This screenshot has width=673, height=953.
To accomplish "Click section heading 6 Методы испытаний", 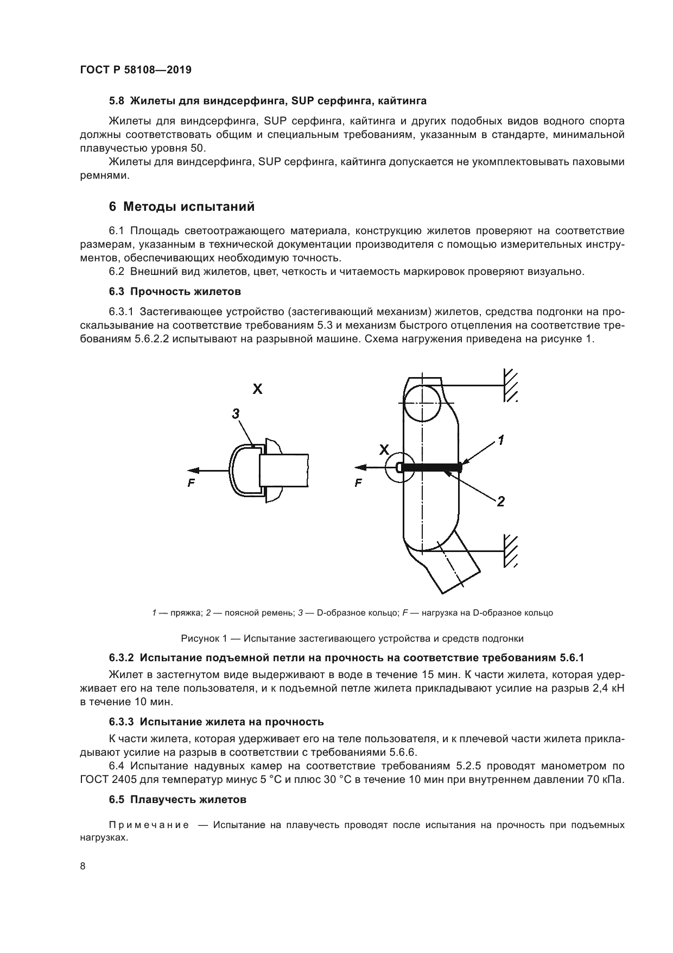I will [181, 207].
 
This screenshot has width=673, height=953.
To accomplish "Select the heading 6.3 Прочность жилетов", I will [175, 292].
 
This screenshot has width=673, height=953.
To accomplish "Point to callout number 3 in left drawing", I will [236, 414].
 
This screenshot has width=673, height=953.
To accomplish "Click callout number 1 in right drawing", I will [500, 440].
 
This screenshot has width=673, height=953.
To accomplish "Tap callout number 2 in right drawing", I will [500, 501].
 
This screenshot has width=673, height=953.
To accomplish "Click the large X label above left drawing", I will [257, 389].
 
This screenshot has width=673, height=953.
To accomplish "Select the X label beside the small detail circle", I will [384, 450].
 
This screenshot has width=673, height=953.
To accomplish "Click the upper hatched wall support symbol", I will [510, 385].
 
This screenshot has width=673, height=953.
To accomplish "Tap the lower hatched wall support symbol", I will [510, 550].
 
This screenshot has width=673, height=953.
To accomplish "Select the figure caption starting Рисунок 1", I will [352, 638].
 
